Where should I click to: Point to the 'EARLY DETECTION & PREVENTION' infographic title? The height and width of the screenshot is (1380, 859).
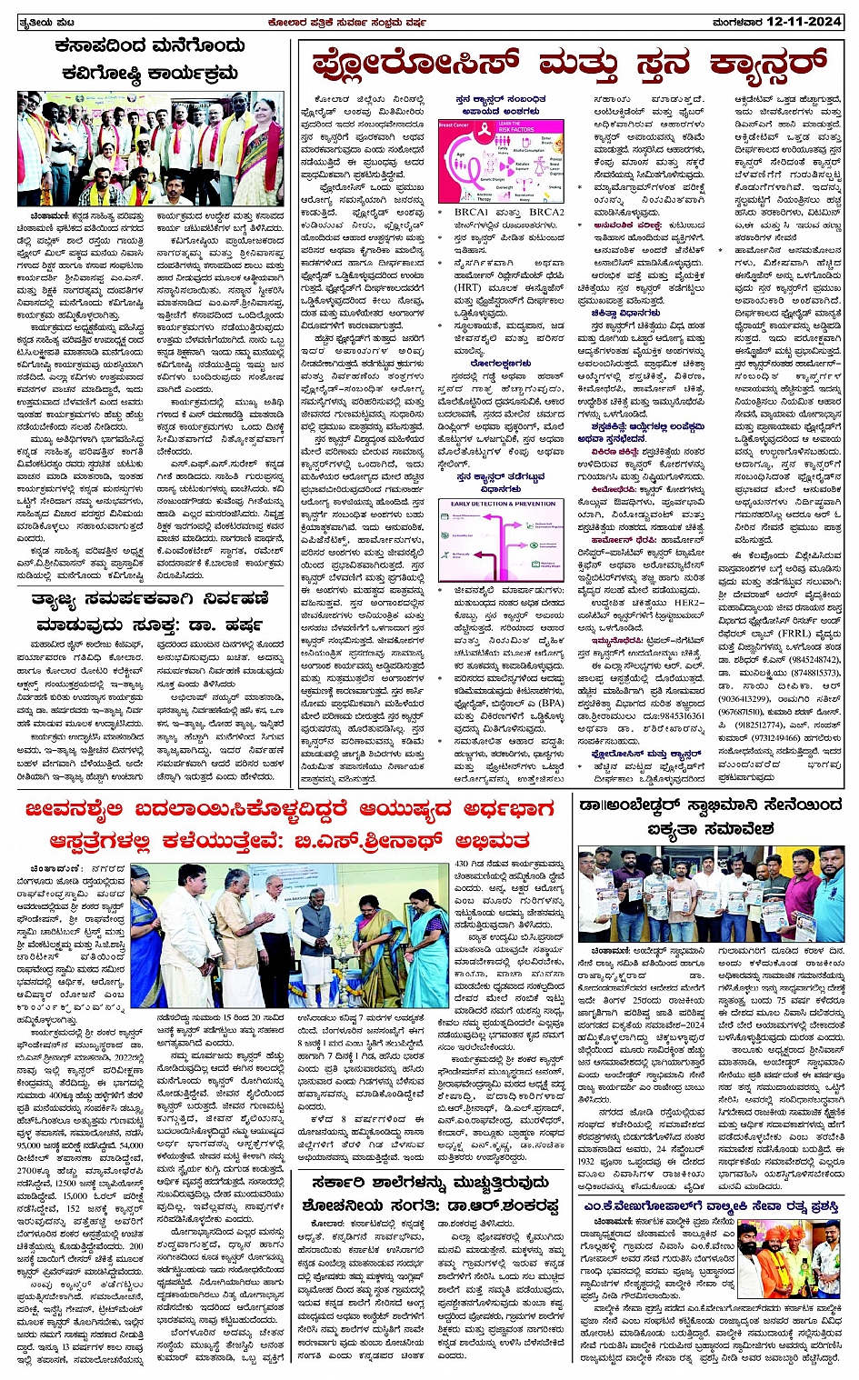click(x=503, y=503)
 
